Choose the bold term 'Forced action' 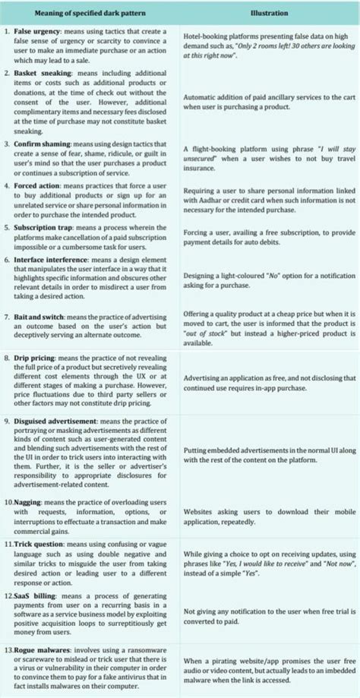coord(37,185)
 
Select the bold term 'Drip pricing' coord(36,356)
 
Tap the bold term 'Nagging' coord(30,503)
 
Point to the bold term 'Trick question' coord(40,545)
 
